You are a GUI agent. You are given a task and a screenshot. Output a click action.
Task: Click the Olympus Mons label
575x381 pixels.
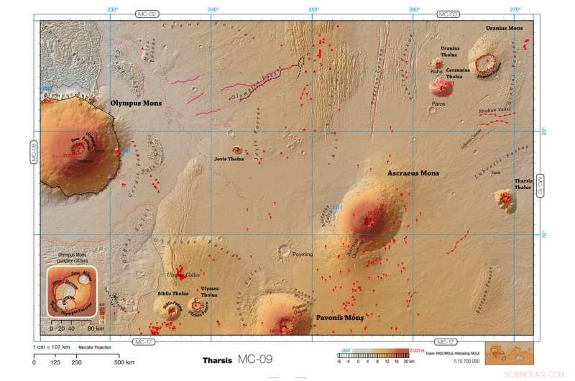point(136,103)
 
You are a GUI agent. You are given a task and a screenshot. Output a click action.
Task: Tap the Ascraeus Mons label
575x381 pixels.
point(413,173)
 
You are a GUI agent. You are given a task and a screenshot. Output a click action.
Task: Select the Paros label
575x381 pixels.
point(439,103)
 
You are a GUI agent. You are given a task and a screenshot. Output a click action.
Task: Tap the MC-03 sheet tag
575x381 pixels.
point(448,14)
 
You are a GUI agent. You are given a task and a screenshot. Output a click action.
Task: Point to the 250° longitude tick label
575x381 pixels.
point(313,9)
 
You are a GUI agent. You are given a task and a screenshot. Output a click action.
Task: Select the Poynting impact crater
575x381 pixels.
point(285,251)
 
